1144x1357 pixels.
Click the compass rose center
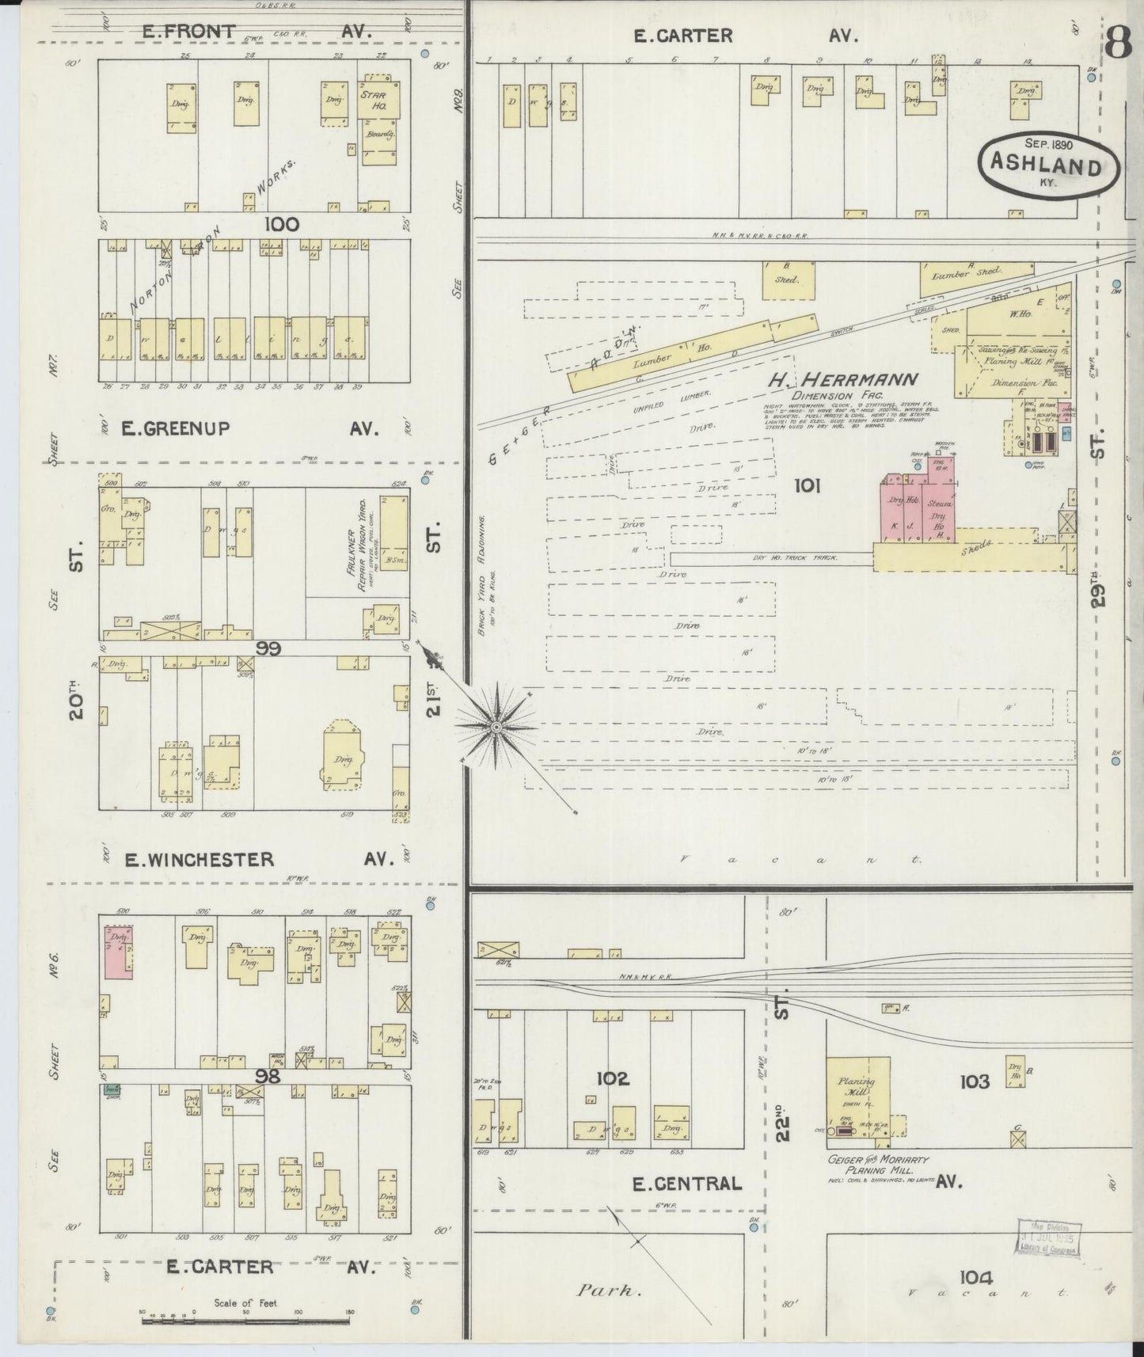[496, 726]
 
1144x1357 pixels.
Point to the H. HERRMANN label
[842, 381]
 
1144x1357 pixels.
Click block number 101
[807, 485]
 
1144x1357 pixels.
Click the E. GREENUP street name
[176, 428]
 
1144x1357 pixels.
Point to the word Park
[607, 1290]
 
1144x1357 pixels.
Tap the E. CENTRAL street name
[687, 1184]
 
